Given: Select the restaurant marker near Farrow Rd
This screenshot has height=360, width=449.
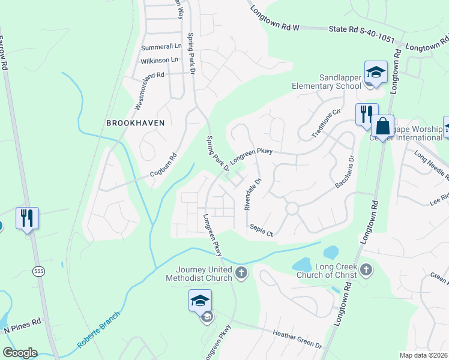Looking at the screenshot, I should pos(27,218).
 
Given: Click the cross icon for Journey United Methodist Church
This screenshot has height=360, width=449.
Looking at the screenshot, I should pos(241,274).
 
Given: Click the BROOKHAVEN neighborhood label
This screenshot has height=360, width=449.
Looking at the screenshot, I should pos(135,122).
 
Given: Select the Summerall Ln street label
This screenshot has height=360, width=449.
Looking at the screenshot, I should pos(161,46).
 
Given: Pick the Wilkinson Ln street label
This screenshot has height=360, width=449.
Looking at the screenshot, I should pos(159,60).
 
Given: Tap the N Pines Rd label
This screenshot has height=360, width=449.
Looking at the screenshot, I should pos(22,325).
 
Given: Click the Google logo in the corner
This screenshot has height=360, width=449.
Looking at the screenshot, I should pos(20,353).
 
